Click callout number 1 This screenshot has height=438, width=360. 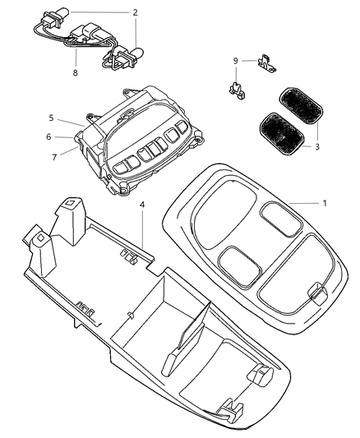tap(325, 202)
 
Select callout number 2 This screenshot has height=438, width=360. tap(136, 12)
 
